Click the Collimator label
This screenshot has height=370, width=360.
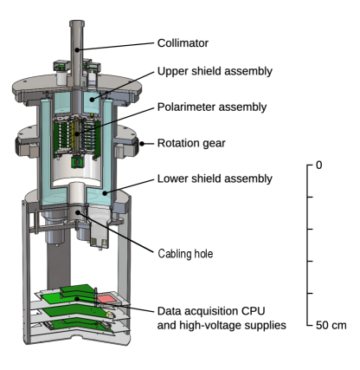click(183, 43)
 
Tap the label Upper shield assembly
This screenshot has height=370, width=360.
click(215, 71)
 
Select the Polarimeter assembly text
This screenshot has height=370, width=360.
click(212, 107)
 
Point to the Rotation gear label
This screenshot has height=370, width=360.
click(191, 143)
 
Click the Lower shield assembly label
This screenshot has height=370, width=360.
click(215, 179)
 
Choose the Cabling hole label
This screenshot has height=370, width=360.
click(185, 254)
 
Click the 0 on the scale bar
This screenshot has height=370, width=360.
click(318, 166)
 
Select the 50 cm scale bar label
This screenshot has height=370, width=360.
click(331, 325)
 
